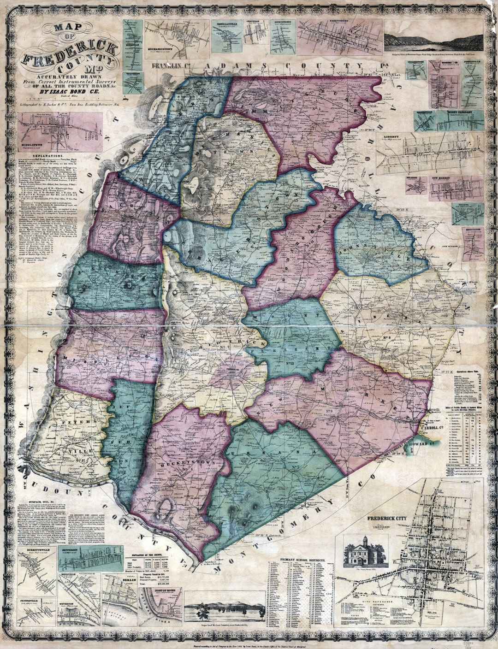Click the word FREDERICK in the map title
(x=69, y=53)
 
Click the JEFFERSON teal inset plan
(x=90, y=559)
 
